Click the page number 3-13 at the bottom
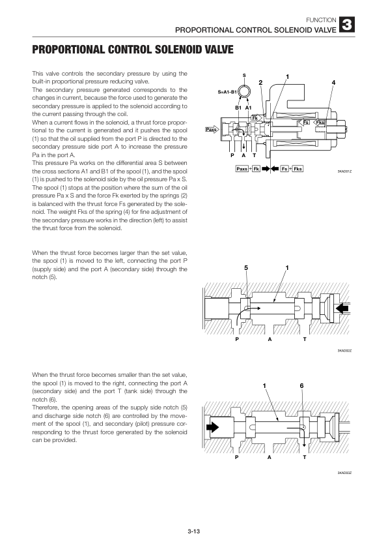coord(193,533)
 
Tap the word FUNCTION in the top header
coord(323,20)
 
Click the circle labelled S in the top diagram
coord(244,90)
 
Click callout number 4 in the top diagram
coord(333,82)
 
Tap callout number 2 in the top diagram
coord(260,82)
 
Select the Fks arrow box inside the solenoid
coord(320,123)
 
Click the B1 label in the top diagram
coord(238,107)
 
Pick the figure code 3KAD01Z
coord(344,171)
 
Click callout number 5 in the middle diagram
coord(246,268)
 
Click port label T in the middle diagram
coord(304,339)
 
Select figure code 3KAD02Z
coord(344,351)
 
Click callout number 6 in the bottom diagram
coord(301,386)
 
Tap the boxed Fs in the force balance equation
coord(284,169)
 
